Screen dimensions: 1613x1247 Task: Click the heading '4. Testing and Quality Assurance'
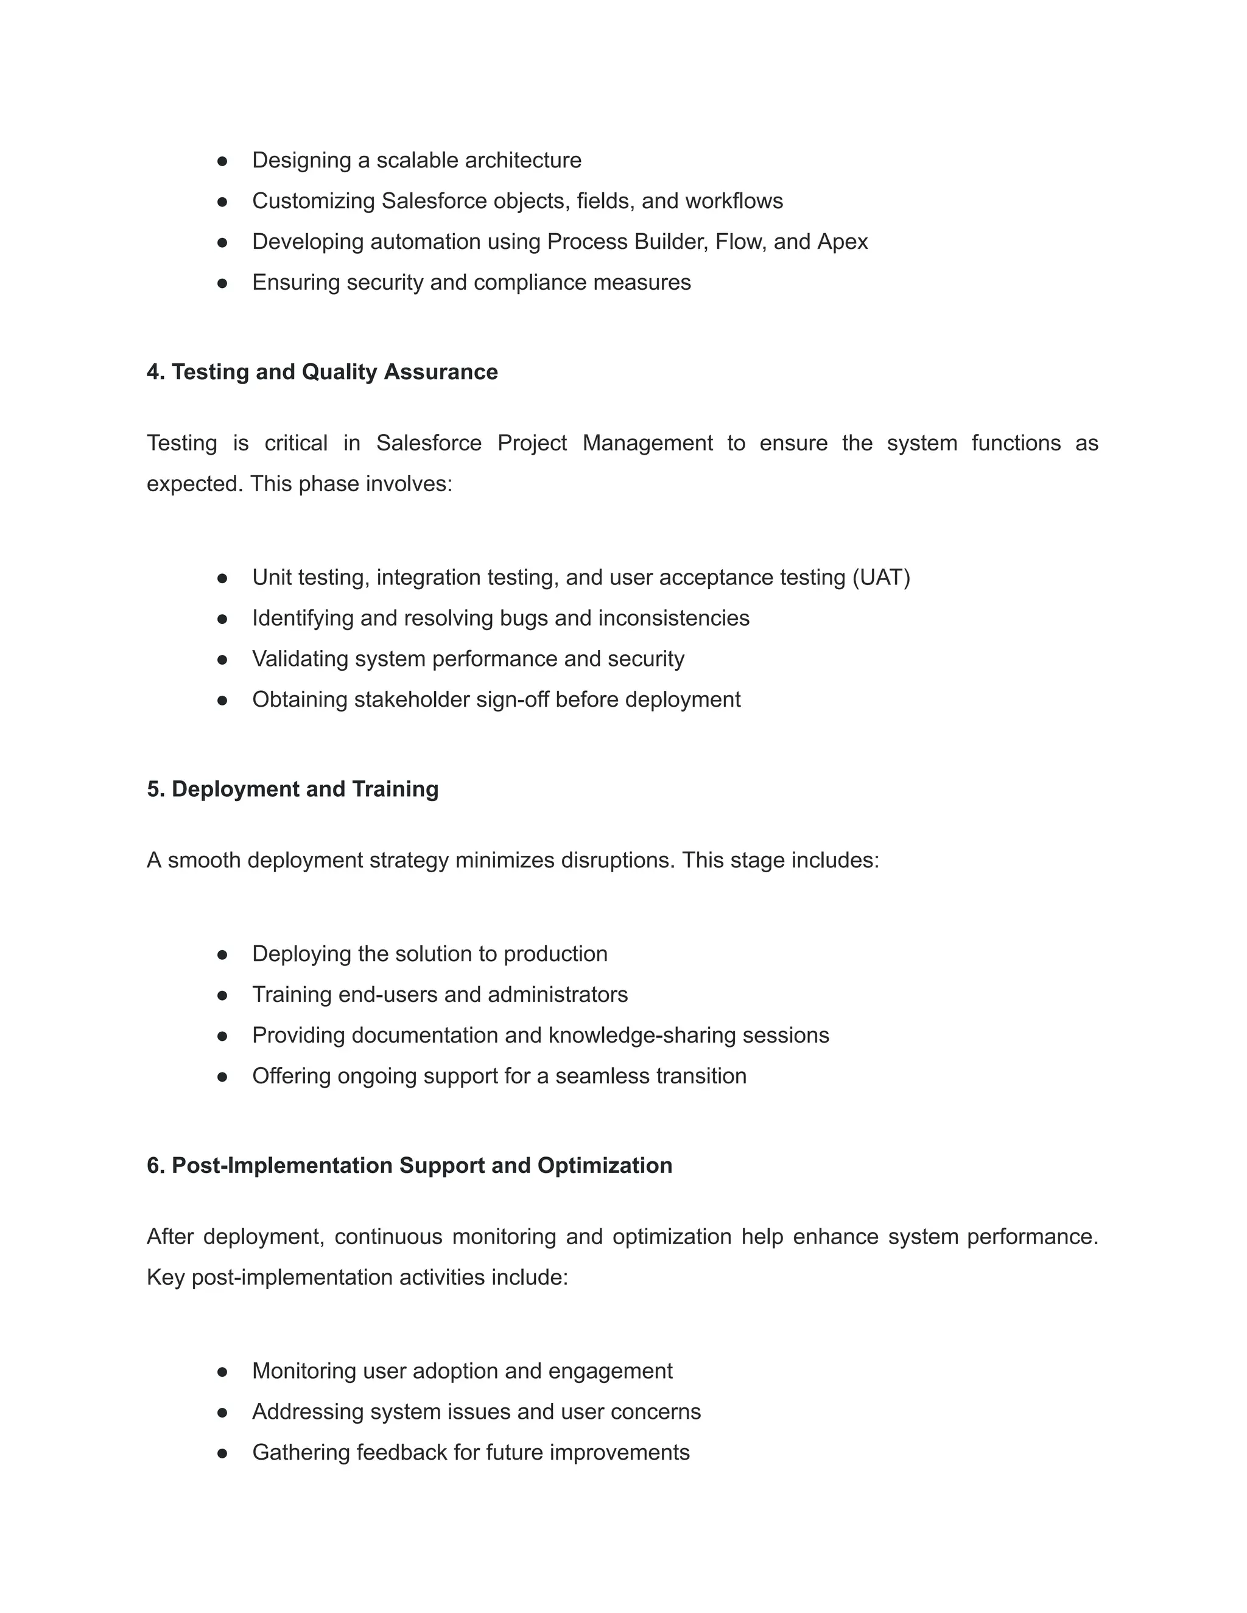click(322, 371)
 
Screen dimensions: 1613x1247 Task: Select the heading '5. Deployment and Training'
click(292, 789)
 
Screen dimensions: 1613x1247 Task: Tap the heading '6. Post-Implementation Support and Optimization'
click(409, 1166)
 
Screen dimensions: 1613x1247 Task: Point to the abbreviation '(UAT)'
click(880, 577)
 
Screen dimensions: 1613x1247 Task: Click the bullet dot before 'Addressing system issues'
click(222, 1413)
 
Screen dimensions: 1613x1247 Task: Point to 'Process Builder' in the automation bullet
click(627, 242)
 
